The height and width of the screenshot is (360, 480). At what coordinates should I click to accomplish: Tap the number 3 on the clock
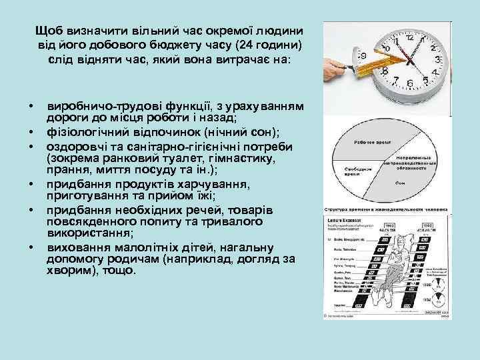coord(437,59)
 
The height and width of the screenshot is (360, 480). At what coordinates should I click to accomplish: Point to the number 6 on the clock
coord(411,84)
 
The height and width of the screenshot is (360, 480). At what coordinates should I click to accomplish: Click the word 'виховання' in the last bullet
coord(73,247)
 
